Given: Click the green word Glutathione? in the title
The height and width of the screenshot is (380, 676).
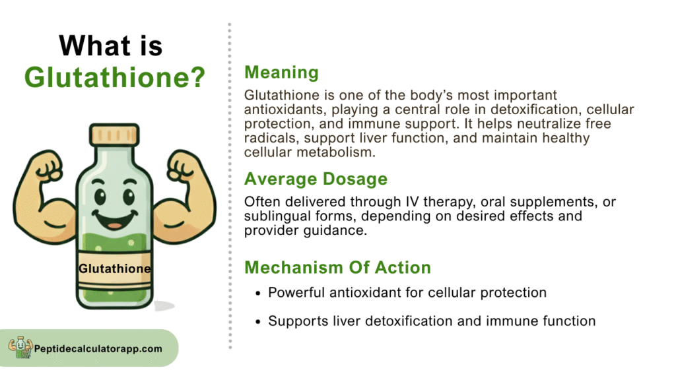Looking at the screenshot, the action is point(115,78).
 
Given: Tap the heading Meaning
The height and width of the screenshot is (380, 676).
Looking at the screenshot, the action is point(281,73).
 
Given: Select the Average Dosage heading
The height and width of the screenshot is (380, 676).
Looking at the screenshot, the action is point(316,179).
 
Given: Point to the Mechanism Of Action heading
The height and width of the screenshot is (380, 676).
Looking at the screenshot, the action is point(337,268).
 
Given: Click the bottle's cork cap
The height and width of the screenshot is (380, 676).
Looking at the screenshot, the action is point(114,135).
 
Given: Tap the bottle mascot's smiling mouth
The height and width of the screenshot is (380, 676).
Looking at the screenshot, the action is point(115,219).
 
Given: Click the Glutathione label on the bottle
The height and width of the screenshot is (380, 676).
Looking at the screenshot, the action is point(115,269).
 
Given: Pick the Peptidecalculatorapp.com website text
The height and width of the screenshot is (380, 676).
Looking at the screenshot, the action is point(98,348).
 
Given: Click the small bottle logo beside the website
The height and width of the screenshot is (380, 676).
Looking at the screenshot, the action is point(20,347).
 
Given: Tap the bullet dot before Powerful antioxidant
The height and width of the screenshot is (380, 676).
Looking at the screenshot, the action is point(258,294).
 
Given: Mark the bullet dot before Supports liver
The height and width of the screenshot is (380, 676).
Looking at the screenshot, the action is point(258,322).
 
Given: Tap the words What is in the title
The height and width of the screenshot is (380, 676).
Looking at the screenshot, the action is point(111,46).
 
